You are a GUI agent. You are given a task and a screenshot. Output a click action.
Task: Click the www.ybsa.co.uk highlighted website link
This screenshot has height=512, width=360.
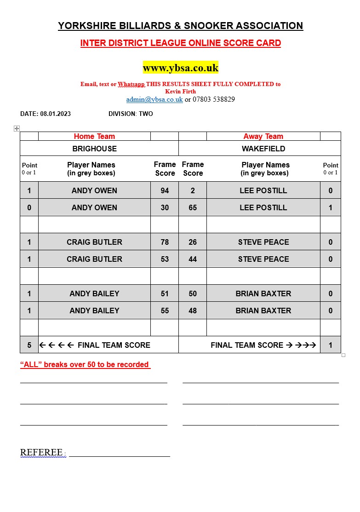tap(180, 68)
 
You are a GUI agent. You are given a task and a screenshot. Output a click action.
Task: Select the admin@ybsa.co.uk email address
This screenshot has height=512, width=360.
tap(154, 99)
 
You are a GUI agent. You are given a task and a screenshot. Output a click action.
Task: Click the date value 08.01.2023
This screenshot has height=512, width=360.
tap(56, 114)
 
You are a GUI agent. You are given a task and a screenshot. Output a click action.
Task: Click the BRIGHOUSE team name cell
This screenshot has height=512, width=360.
tap(95, 149)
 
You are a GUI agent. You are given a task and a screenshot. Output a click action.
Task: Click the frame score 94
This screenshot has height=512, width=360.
tap(165, 190)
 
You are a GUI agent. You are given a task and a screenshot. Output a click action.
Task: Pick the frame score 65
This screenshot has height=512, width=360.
tap(193, 207)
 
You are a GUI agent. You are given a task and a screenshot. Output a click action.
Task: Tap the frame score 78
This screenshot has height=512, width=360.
tap(165, 242)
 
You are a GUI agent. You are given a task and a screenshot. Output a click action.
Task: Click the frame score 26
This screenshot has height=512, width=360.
tap(193, 242)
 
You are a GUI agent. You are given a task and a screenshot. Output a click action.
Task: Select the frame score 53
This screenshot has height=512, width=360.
tap(165, 259)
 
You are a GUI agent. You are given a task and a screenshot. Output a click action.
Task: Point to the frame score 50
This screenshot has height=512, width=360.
tap(193, 293)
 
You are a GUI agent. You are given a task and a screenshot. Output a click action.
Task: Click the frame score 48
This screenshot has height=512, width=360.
tap(193, 311)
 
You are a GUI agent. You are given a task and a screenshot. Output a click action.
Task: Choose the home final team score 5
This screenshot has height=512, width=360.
tap(29, 345)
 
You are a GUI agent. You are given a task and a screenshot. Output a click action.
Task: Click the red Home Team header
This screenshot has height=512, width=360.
tap(94, 136)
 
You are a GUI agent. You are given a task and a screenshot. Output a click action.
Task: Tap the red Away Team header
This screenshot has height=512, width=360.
tap(263, 136)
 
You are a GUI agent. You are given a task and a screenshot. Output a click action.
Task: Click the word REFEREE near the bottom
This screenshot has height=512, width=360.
tap(41, 453)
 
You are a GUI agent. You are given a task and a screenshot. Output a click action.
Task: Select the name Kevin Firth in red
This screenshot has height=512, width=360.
tap(180, 92)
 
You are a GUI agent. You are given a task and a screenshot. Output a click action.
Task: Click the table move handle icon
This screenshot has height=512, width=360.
tap(17, 129)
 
